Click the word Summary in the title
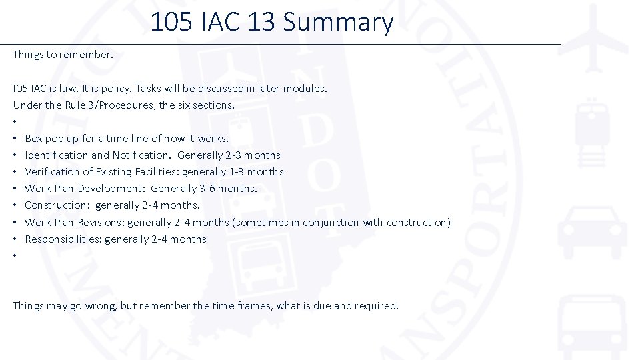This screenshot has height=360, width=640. [339, 23]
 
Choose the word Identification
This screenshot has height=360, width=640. [57, 155]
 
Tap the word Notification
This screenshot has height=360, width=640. [141, 155]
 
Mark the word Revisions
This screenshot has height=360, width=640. [101, 223]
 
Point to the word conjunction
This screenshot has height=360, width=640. [331, 223]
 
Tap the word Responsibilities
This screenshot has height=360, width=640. [63, 239]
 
